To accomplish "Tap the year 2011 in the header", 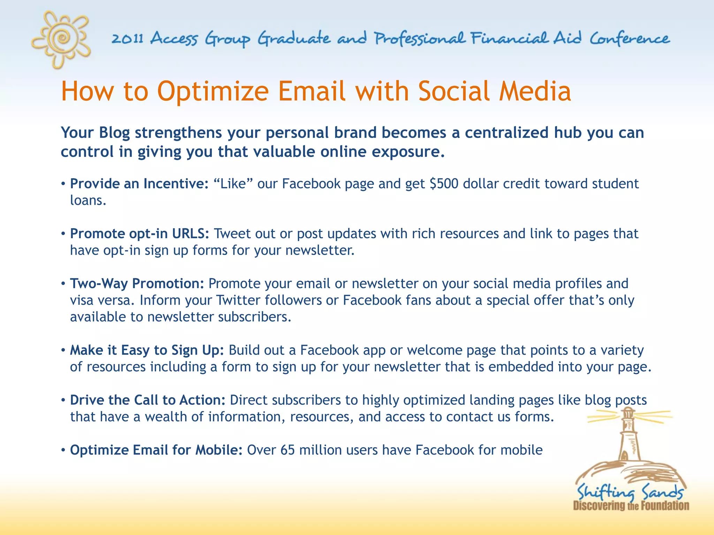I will [x=127, y=38].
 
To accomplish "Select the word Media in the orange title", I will [x=535, y=91].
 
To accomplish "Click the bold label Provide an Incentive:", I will [x=139, y=184].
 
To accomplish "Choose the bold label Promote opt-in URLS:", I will [x=139, y=233].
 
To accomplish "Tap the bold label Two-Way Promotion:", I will [x=137, y=284].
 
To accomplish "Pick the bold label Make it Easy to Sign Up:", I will [x=147, y=350].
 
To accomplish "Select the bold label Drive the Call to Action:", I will [x=148, y=400].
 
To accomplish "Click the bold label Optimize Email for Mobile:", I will [x=156, y=450].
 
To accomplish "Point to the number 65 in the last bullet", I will [x=287, y=450].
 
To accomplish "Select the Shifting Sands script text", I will [x=630, y=492].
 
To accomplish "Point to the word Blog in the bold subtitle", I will [x=114, y=133].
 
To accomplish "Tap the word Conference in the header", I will [x=630, y=38].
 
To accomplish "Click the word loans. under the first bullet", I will [x=88, y=200].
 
